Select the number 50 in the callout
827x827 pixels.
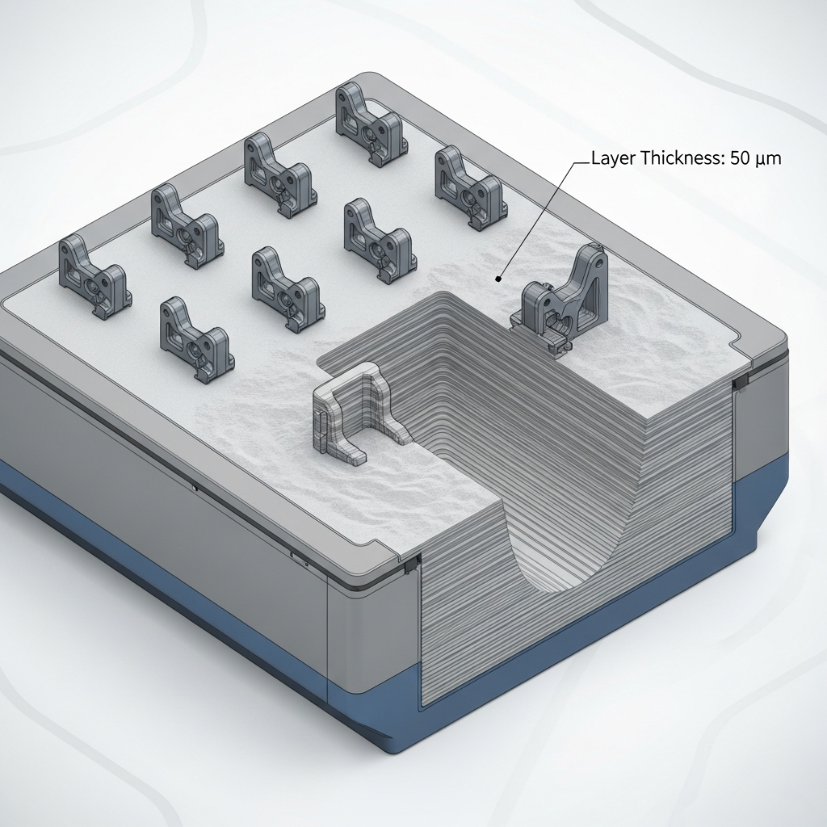(741, 159)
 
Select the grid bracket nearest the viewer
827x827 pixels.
(196, 339)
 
